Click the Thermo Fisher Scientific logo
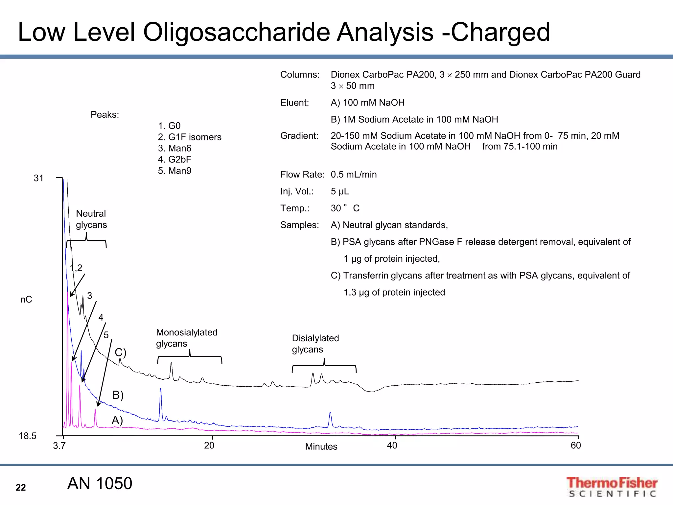[x=612, y=487]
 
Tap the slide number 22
[x=21, y=488]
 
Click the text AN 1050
[x=100, y=484]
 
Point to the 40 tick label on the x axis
[x=392, y=445]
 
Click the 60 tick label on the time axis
[x=576, y=445]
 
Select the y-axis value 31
[x=38, y=178]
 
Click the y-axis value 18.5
[x=28, y=436]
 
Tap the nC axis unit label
[x=26, y=300]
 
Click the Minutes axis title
[x=321, y=446]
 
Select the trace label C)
[x=120, y=352]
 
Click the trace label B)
[x=118, y=395]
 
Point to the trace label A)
[x=117, y=421]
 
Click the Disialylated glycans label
[x=315, y=344]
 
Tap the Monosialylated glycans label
[x=186, y=338]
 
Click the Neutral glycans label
[x=91, y=219]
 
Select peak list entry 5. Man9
[x=174, y=171]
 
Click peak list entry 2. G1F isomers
[x=190, y=137]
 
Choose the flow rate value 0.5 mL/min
[x=354, y=175]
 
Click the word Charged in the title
[x=500, y=32]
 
